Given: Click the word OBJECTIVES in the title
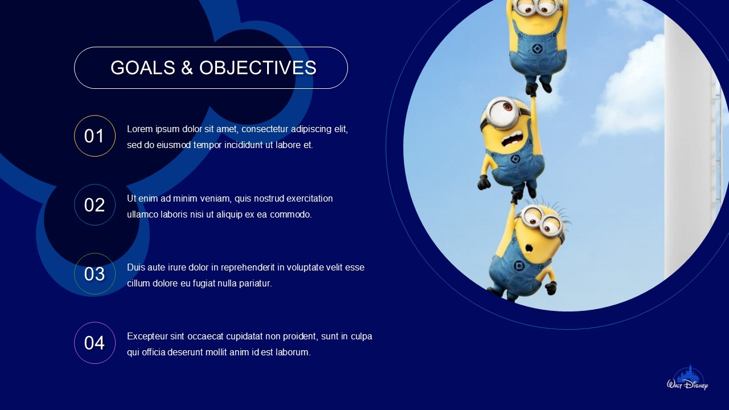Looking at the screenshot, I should [x=257, y=68].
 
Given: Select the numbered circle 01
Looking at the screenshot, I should [x=95, y=136].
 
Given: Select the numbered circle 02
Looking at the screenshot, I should [x=95, y=205].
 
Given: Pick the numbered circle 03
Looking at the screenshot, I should [x=95, y=274].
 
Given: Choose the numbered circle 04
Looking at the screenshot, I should [x=95, y=343].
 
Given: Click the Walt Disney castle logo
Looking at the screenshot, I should [x=687, y=379].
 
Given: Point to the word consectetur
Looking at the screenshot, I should [x=261, y=129].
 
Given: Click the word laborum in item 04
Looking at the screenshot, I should [x=293, y=352].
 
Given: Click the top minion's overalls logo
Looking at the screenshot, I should [x=536, y=50].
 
